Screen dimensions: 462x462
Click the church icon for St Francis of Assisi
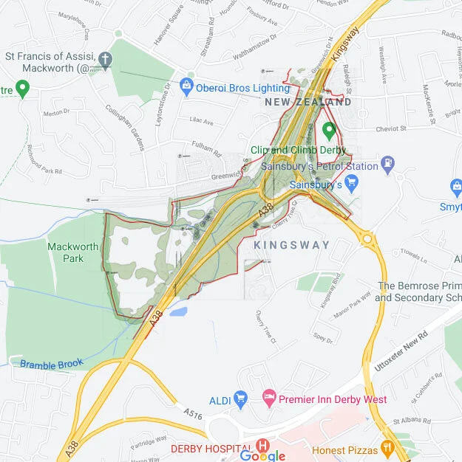click(x=106, y=59)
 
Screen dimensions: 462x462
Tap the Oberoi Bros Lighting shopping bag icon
click(x=186, y=87)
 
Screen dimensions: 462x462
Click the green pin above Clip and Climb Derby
click(x=330, y=131)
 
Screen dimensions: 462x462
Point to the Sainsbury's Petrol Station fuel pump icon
click(x=388, y=163)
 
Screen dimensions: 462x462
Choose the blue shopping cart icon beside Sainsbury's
click(x=352, y=183)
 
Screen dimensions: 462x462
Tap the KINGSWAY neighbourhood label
click(x=292, y=244)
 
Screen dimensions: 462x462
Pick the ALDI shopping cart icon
click(x=240, y=399)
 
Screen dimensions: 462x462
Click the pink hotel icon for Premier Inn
click(x=270, y=399)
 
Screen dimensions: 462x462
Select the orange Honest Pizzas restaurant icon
click(x=386, y=449)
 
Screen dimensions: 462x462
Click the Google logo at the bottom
click(x=262, y=455)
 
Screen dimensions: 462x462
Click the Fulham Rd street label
click(x=206, y=150)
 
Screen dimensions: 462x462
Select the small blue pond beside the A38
click(x=178, y=312)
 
